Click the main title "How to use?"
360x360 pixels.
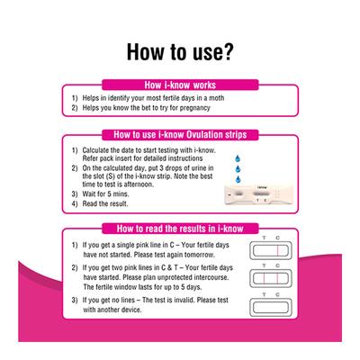point(180,51)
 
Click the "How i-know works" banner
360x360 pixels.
point(180,84)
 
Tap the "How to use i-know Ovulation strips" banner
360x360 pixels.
point(180,135)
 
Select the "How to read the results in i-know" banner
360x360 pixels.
point(180,229)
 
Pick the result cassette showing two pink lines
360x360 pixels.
point(275,279)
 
